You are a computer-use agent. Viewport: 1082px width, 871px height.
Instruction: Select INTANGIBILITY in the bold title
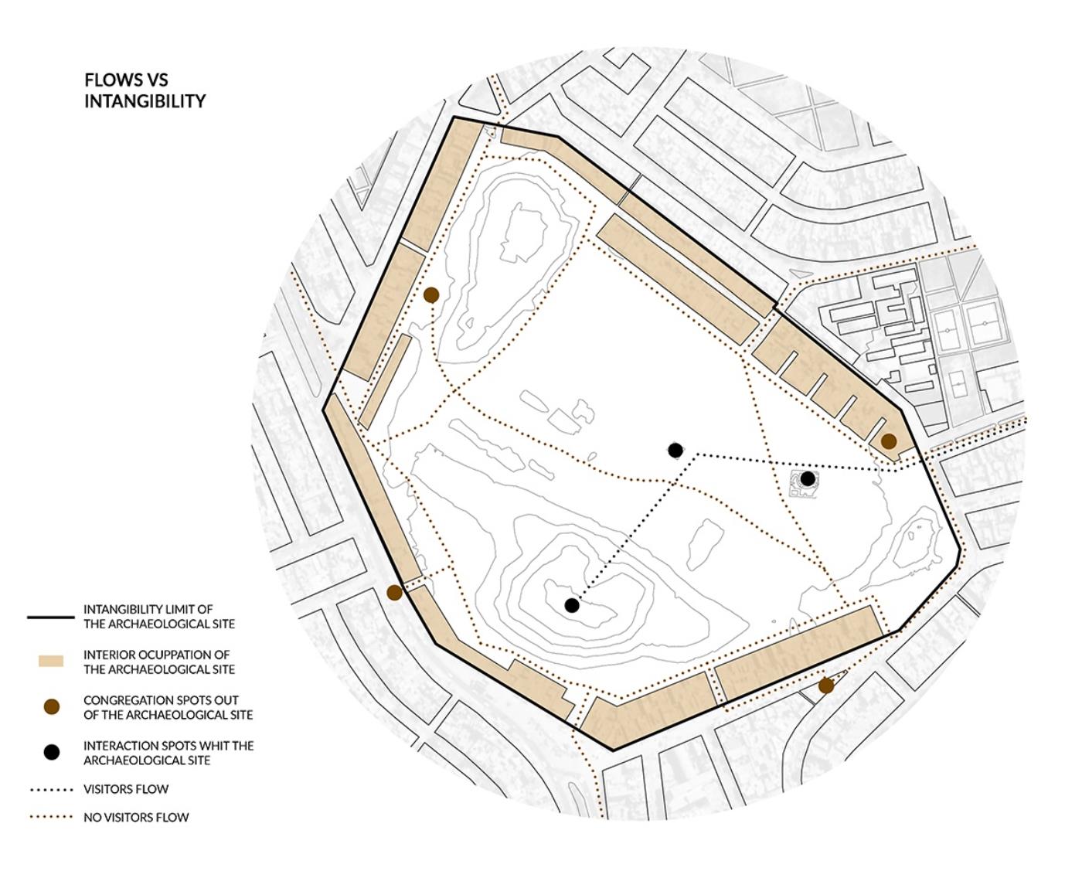145,101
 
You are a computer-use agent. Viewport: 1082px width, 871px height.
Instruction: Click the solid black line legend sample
51,617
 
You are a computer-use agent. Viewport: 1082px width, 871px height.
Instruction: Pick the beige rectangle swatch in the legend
51,662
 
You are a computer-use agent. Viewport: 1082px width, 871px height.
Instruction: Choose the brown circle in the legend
51,706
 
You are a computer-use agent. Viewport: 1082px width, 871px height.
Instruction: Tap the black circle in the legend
51,752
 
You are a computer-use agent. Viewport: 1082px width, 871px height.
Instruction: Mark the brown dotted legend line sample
51,817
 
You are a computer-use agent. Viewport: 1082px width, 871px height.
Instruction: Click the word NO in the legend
93,817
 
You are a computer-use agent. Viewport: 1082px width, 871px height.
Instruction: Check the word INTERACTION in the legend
119,746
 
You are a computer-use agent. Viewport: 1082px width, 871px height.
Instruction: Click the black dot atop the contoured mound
572,605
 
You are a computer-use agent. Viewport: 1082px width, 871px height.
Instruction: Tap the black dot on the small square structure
808,478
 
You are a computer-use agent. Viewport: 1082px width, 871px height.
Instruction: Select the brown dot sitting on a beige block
889,441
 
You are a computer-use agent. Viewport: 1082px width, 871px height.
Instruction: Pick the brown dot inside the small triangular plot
826,686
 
